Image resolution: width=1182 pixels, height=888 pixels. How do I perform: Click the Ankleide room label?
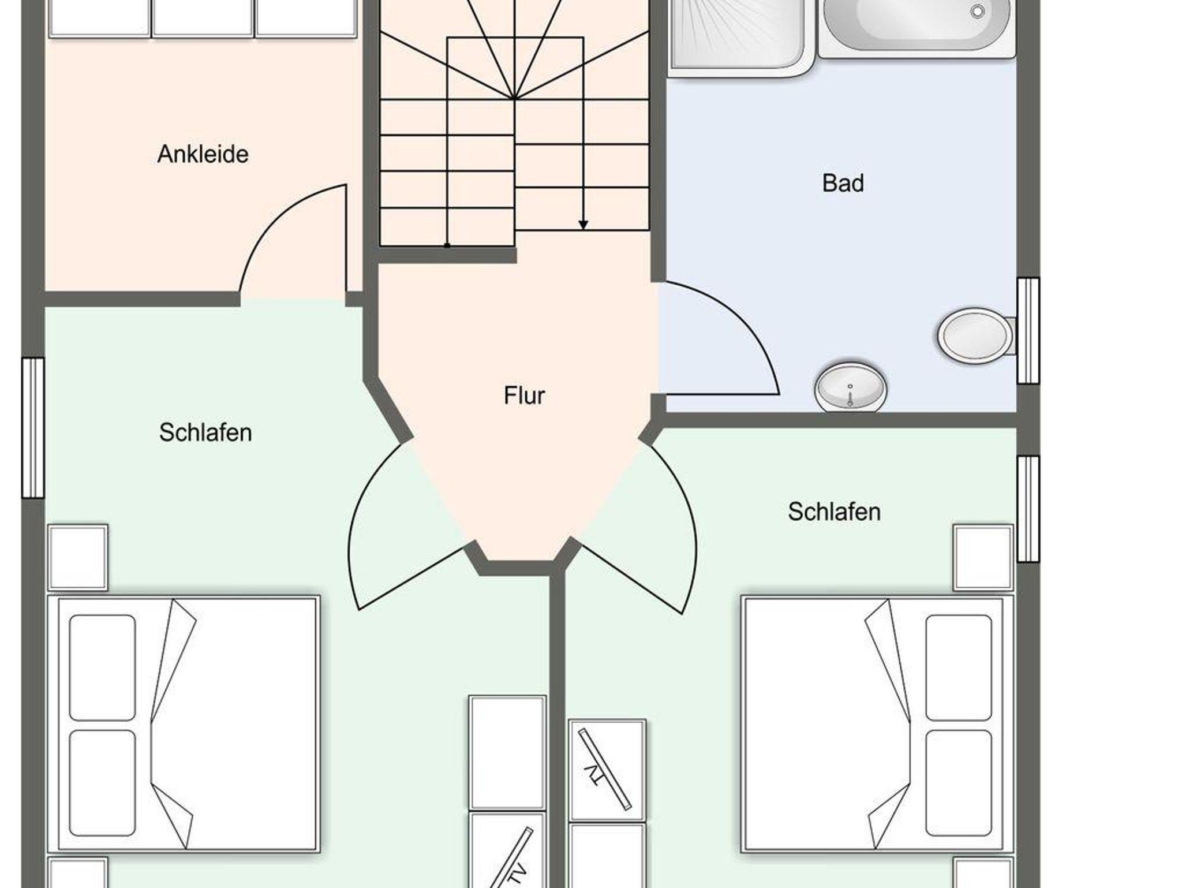coord(203,154)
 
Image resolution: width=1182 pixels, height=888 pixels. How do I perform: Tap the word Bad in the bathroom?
coord(843,183)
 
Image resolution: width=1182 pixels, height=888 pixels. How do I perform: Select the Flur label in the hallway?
coord(524,396)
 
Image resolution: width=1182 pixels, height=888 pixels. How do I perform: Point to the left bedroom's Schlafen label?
coord(205,432)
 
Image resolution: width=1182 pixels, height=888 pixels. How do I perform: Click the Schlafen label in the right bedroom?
coord(834,512)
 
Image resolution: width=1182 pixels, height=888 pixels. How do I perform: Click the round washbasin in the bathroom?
coord(850,387)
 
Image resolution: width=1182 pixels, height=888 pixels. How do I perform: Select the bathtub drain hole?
coord(977,11)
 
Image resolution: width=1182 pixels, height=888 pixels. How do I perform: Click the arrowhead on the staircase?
coord(583,225)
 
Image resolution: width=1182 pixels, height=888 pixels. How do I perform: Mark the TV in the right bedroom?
coord(605,769)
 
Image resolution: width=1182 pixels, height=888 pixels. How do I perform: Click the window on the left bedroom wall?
coord(33,428)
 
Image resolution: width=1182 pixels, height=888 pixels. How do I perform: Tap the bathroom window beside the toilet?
coord(1028,331)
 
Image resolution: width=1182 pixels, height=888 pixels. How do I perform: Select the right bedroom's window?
coord(1028,509)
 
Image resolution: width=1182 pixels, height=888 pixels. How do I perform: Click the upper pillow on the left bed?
coord(102,667)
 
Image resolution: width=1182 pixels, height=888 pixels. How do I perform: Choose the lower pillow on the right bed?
coord(959,783)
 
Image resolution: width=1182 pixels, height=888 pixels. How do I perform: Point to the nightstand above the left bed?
coord(78,557)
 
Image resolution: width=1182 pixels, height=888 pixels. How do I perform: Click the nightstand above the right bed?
coord(983,557)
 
